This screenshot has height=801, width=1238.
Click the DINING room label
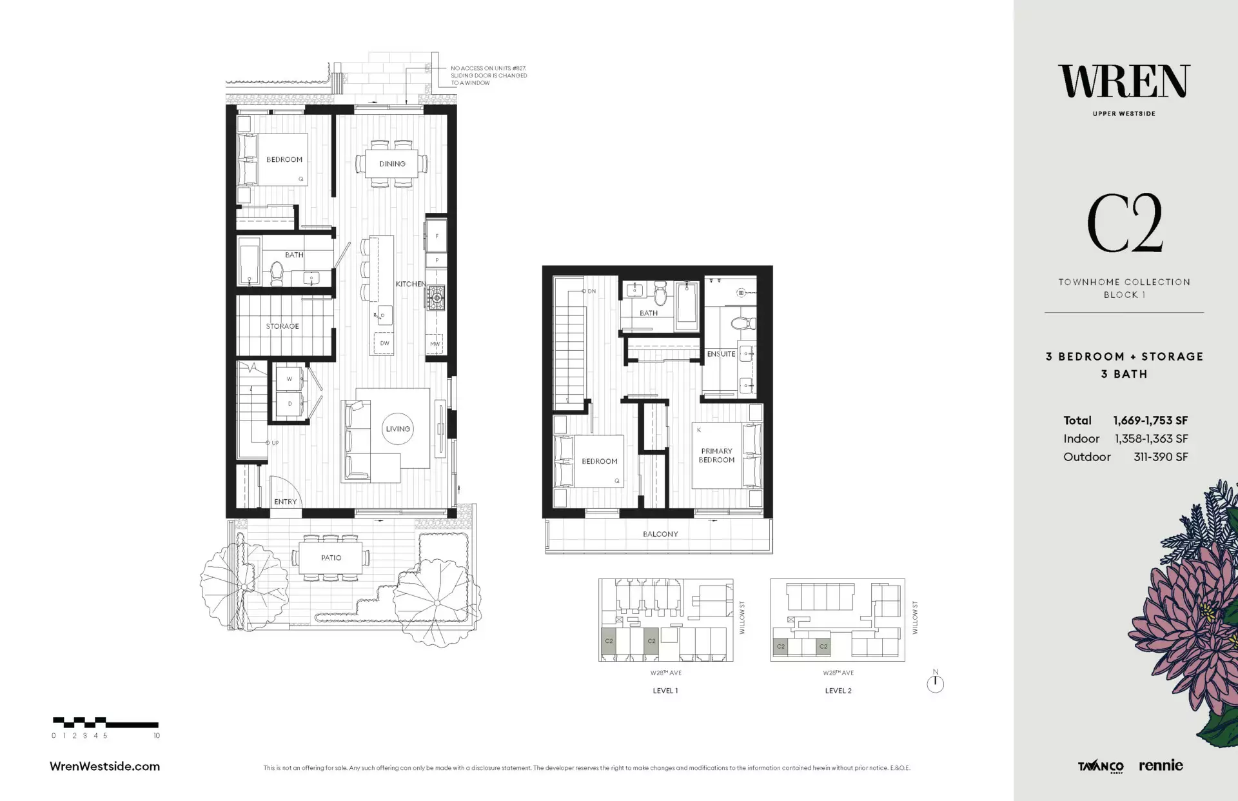click(x=392, y=164)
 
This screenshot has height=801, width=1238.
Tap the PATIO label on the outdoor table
click(x=331, y=558)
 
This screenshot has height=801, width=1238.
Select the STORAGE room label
click(x=282, y=326)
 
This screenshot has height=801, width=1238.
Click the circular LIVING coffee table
click(x=398, y=429)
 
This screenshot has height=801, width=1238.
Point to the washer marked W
click(x=290, y=379)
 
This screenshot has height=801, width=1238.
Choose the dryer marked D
click(x=290, y=404)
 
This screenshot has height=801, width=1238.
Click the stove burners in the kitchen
click(x=435, y=297)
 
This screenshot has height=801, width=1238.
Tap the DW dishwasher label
click(x=384, y=343)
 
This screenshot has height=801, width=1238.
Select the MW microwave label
click(x=435, y=344)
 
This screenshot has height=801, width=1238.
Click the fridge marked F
click(x=437, y=236)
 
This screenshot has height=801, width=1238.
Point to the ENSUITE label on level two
click(x=721, y=354)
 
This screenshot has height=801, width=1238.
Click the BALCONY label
click(x=660, y=534)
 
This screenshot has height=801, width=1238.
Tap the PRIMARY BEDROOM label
click(x=716, y=455)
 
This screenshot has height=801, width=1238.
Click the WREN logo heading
click(x=1124, y=82)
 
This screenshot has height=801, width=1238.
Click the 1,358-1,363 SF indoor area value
click(x=1151, y=439)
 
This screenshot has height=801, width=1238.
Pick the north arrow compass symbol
click(x=935, y=682)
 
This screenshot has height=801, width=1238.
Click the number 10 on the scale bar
click(x=156, y=735)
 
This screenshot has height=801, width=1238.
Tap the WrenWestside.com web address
click(x=104, y=766)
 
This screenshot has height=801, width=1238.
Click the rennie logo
click(x=1161, y=766)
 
